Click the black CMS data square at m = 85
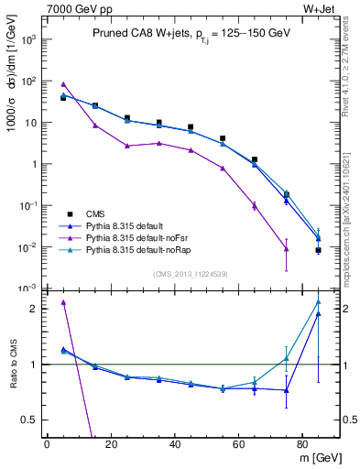coord(318,250)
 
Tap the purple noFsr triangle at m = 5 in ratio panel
coord(63,302)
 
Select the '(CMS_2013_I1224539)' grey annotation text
coord(191,273)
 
